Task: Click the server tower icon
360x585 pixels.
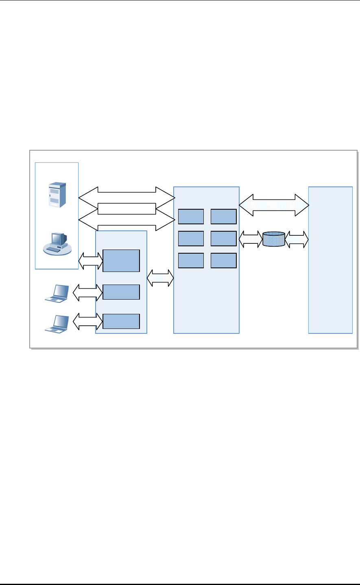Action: point(57,195)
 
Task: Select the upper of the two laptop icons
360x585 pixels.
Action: point(57,293)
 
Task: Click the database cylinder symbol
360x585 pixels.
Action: point(274,239)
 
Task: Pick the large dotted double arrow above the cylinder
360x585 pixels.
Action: point(274,205)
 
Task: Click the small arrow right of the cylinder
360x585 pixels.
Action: point(297,239)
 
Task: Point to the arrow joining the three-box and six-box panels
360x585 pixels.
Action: point(160,278)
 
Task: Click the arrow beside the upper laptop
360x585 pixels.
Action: point(88,292)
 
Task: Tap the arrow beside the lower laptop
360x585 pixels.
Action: point(88,322)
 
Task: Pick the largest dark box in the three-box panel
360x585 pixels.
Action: point(121,261)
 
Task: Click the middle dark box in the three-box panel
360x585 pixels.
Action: point(121,292)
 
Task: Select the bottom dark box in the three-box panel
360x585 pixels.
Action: point(121,321)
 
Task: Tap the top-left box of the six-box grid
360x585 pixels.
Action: point(191,217)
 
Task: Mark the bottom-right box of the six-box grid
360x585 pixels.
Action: point(223,261)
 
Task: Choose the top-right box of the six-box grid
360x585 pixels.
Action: point(223,217)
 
